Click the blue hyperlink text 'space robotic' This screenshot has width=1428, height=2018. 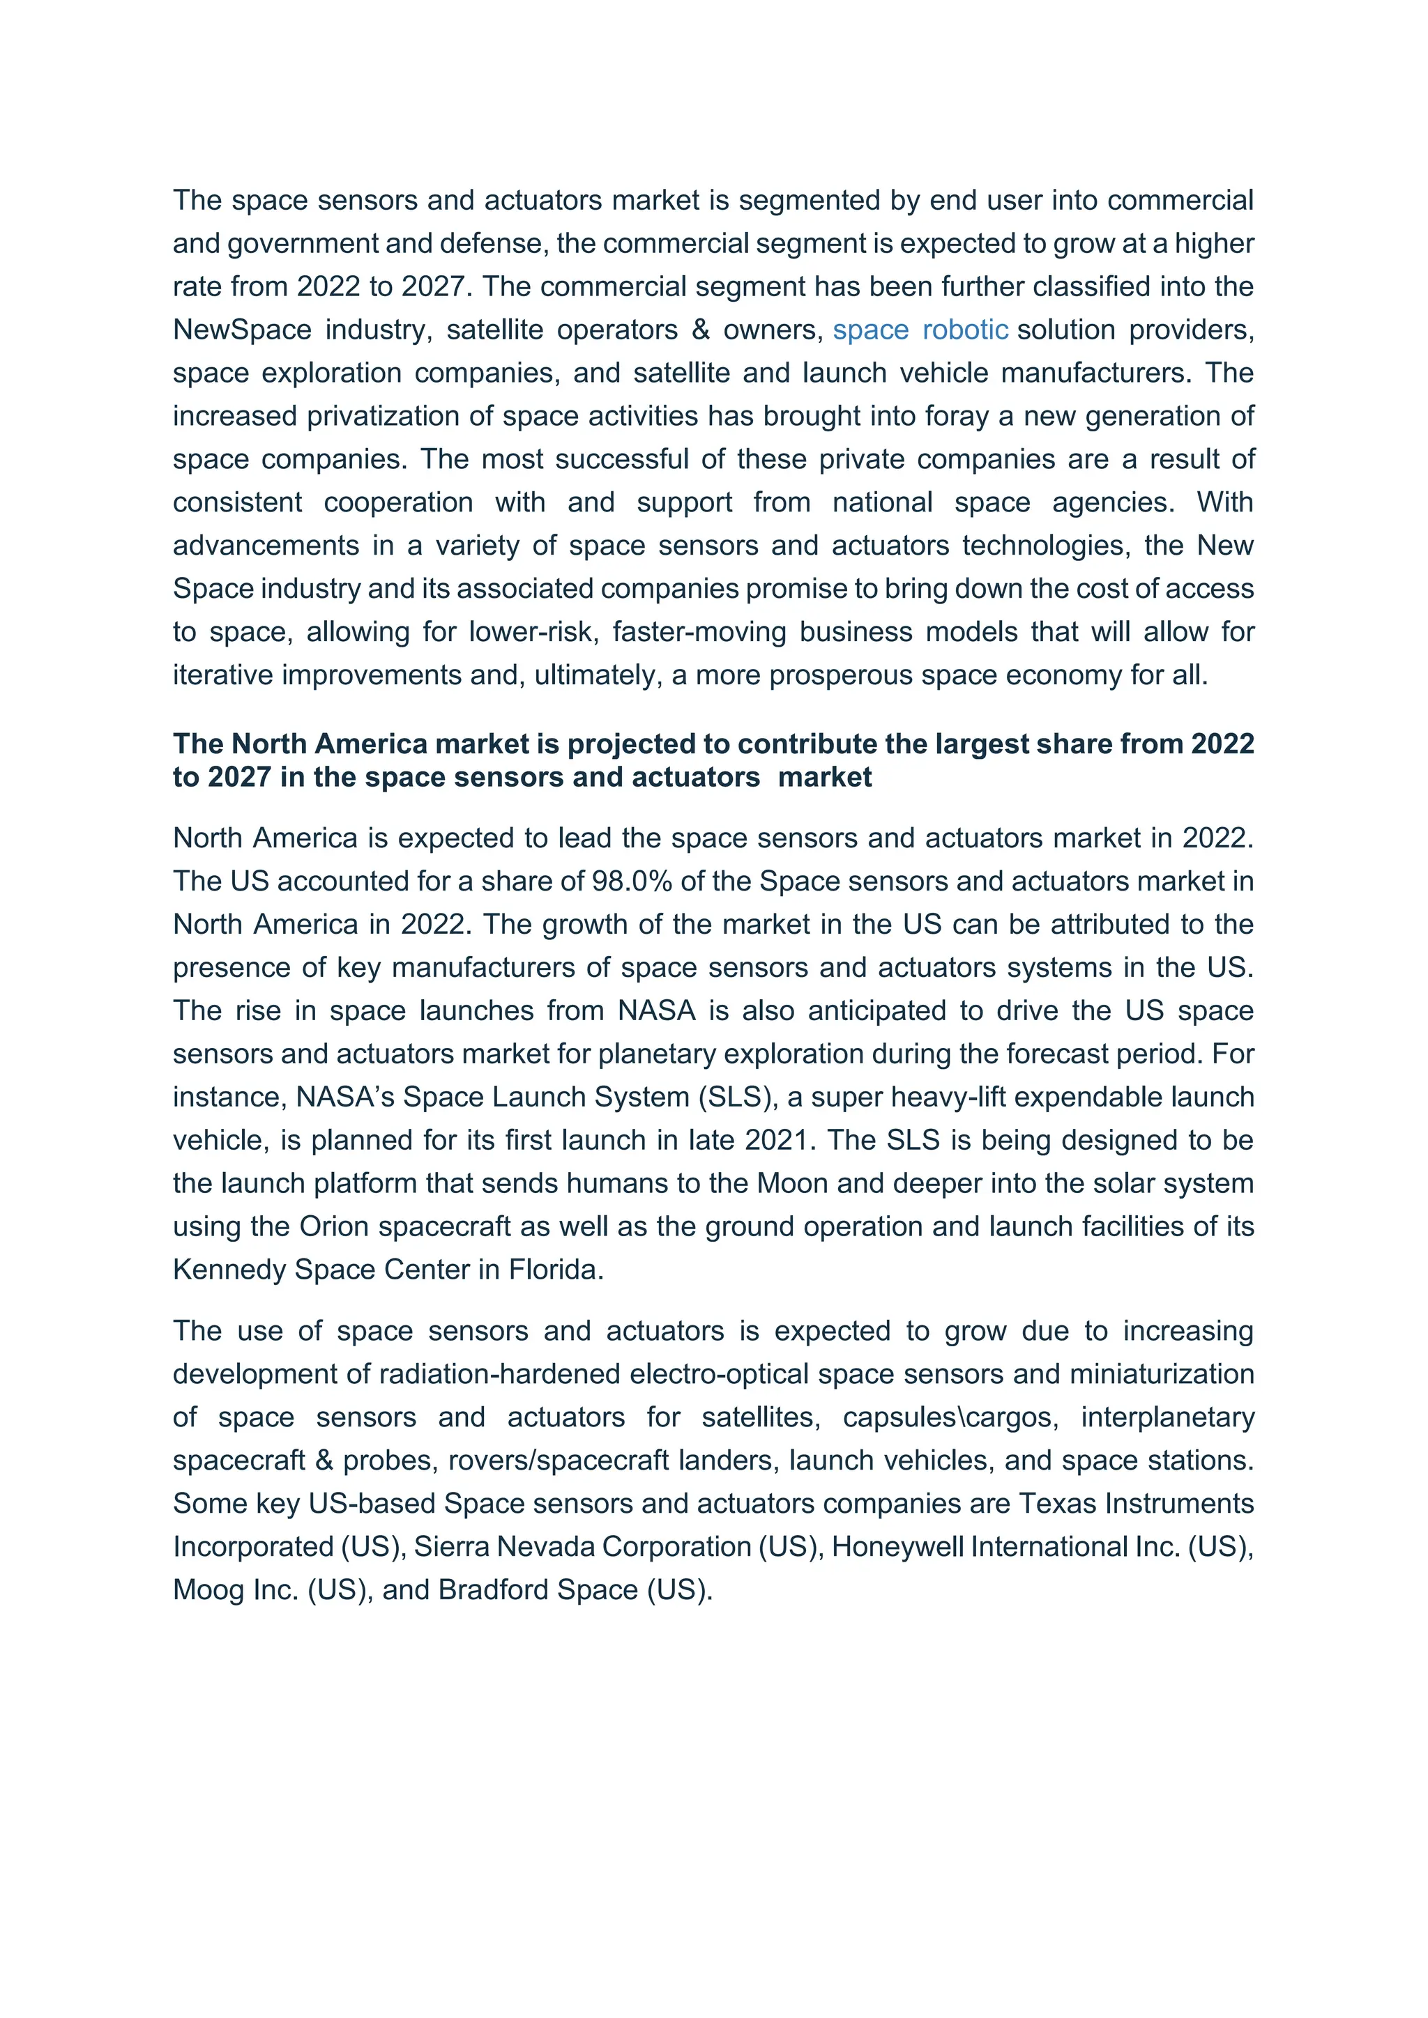[x=920, y=330]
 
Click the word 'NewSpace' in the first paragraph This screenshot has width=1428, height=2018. [x=242, y=330]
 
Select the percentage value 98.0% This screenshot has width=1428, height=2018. [x=631, y=881]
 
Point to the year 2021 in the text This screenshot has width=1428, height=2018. [x=777, y=1140]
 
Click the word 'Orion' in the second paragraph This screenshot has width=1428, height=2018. [x=333, y=1226]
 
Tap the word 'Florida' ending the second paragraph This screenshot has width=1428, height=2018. [x=553, y=1269]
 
